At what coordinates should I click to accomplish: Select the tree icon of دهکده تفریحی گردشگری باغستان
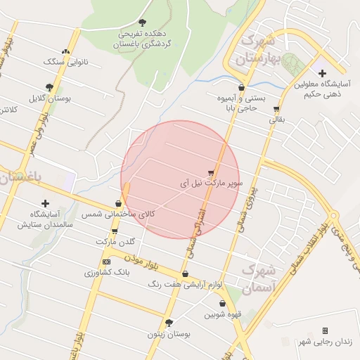(x=143, y=23)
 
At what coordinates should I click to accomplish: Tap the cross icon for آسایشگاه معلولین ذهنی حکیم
(x=321, y=73)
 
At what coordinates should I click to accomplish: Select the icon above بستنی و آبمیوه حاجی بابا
(x=241, y=88)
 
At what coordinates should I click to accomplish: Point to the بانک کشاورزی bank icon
(x=106, y=262)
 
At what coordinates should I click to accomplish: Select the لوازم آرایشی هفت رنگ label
(x=185, y=285)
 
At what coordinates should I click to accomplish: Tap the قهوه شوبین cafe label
(x=223, y=314)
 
